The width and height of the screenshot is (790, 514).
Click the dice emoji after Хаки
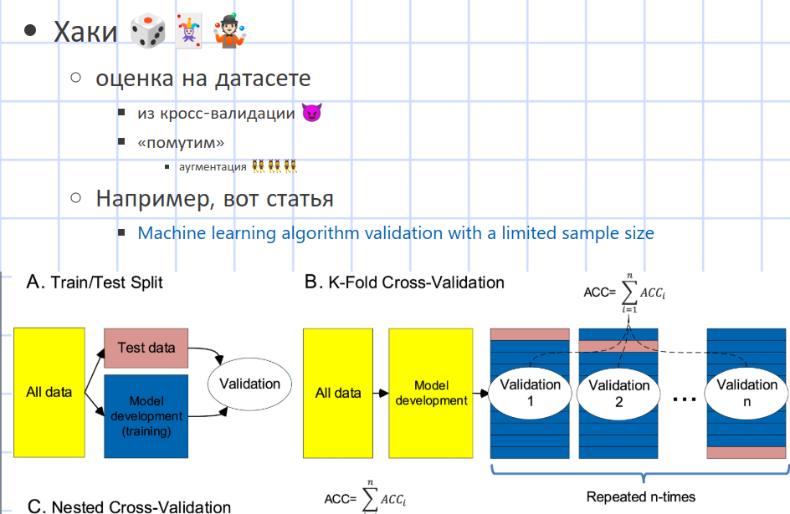pos(148,33)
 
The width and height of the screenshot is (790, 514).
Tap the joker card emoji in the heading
pos(189,33)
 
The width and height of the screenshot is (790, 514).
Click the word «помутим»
pos(181,142)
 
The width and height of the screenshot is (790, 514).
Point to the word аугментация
pos(213,166)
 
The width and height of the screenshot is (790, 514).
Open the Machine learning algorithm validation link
pos(396,232)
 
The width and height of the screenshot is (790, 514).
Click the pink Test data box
pos(146,348)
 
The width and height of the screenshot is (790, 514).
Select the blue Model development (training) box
pos(145,415)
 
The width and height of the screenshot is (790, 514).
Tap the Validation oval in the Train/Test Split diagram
pos(249,384)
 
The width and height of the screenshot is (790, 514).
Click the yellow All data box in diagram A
pos(49,391)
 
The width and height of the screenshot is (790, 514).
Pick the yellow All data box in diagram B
pos(338,392)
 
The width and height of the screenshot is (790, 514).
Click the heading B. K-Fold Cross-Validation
pos(404,282)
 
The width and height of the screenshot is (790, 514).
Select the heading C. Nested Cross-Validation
pos(129,506)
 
